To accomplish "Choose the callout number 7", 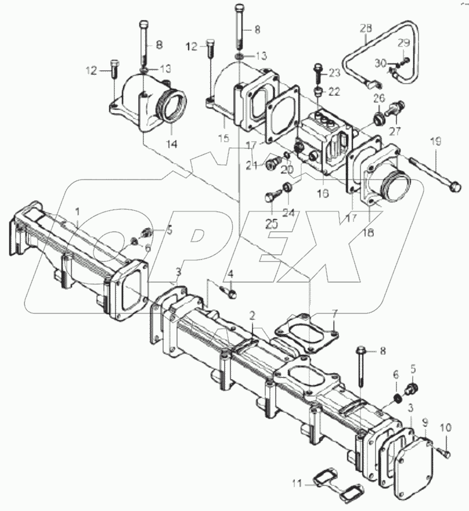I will [334, 314].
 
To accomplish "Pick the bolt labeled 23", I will [319, 74].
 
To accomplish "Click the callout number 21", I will [251, 165].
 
